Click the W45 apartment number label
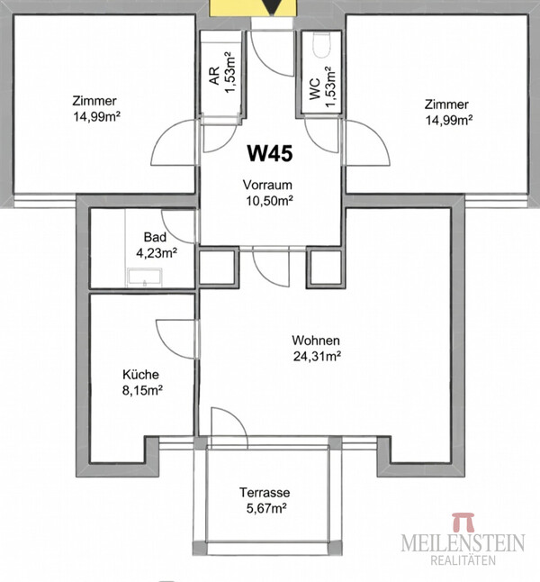pos(270,153)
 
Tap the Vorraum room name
pos(267,185)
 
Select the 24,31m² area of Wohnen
pos(317,357)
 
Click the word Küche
pos(140,374)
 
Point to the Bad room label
pos(155,237)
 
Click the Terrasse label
pos(265,493)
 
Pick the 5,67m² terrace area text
pos(266,508)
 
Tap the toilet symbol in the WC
pos(321,45)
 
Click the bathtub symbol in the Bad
pos(145,277)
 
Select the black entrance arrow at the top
pos(272,6)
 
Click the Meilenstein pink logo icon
pos(463,522)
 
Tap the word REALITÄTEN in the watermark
pos(463,559)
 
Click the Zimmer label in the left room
pos(94,101)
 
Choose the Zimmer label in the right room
pos(446,105)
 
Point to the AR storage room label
pos(214,76)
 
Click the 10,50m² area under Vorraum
pos(269,201)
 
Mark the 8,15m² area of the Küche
pos(142,390)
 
